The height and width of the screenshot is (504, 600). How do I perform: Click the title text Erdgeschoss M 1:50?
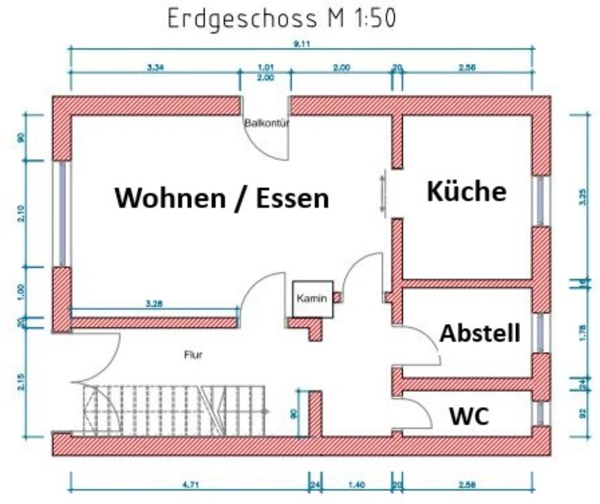coord(281,19)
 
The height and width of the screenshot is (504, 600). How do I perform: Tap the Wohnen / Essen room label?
coord(221,198)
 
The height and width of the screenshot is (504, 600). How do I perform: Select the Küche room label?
coord(466,191)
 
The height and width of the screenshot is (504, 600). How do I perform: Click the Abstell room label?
coord(480,333)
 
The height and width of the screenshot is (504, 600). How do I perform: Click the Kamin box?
coord(312,299)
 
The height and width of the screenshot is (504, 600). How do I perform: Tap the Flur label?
coord(193,355)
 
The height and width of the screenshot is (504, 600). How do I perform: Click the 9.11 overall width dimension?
coord(302,44)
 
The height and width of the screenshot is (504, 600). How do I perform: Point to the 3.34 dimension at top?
coord(155,67)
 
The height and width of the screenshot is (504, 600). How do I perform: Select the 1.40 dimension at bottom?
coord(356,484)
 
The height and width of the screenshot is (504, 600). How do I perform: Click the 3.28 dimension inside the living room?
coord(154,304)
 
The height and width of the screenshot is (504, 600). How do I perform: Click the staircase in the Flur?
coord(175,410)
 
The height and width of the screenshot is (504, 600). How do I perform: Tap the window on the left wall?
coord(62,214)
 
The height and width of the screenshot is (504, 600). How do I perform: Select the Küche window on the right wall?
coord(541,201)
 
